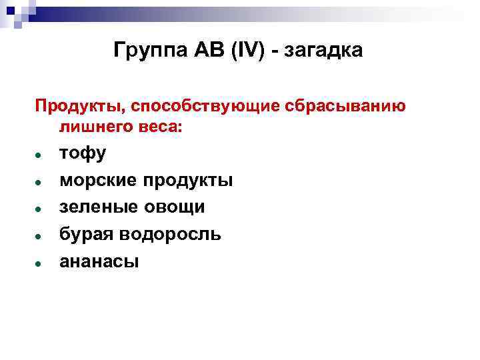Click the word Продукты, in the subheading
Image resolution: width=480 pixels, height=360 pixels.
click(x=80, y=107)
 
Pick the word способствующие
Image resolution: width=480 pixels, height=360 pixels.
click(x=205, y=107)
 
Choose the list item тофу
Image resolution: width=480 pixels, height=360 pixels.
click(x=83, y=154)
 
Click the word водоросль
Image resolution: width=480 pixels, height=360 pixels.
click(x=170, y=235)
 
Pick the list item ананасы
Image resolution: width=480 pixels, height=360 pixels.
click(x=99, y=261)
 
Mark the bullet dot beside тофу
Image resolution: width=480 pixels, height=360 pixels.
click(x=40, y=155)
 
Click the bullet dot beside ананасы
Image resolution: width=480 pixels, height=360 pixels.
click(x=40, y=263)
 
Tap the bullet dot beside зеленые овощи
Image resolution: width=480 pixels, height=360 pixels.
click(x=40, y=209)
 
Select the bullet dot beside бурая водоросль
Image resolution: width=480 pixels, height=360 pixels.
click(x=40, y=236)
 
